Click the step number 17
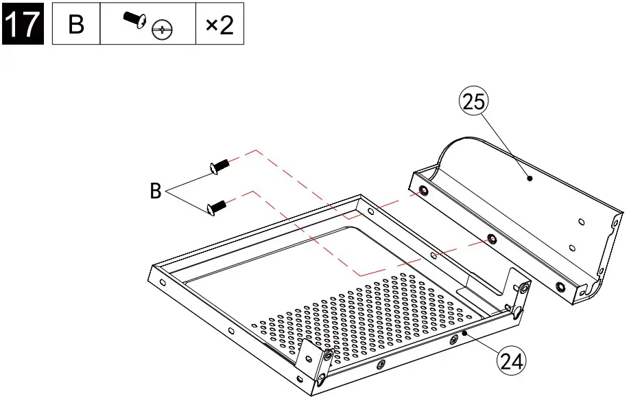pyautogui.click(x=23, y=25)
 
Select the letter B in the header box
pyautogui.click(x=77, y=25)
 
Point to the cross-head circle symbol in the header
pyautogui.click(x=163, y=30)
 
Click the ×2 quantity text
pyautogui.click(x=219, y=25)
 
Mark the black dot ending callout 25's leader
pyautogui.click(x=530, y=178)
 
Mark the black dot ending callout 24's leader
pyautogui.click(x=464, y=332)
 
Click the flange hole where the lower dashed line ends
pyautogui.click(x=491, y=240)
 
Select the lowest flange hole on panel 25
pyautogui.click(x=561, y=286)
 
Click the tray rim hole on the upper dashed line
pyautogui.click(x=370, y=211)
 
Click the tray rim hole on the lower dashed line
pyautogui.click(x=433, y=255)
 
